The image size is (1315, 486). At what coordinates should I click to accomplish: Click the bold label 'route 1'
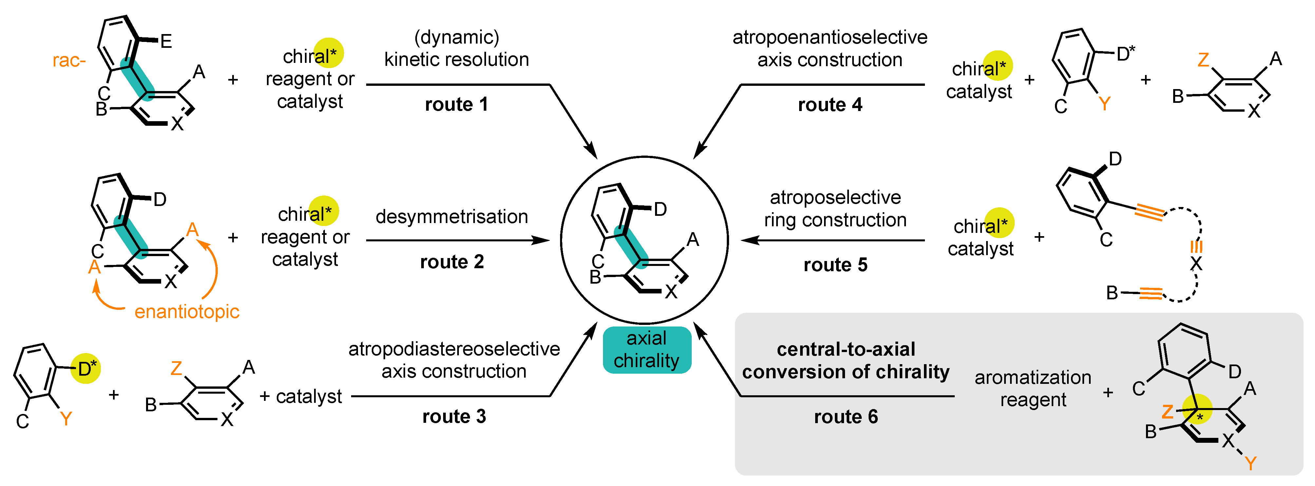click(x=456, y=105)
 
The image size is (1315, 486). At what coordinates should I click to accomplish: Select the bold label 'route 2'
click(x=452, y=262)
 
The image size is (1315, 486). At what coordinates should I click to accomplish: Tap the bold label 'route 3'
click(x=454, y=417)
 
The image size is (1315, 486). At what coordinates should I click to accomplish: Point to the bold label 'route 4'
click(x=830, y=105)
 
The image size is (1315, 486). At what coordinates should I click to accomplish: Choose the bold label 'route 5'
click(x=835, y=265)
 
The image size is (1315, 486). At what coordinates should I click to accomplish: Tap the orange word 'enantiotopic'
click(x=186, y=311)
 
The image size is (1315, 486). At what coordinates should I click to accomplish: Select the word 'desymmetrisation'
click(x=452, y=216)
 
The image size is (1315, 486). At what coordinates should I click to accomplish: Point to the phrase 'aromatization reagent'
click(x=1033, y=388)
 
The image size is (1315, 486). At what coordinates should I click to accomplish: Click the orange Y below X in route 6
click(x=1250, y=463)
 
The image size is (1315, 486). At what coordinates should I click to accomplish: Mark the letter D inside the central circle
click(x=660, y=209)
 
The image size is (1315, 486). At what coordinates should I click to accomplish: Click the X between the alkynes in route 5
click(x=1196, y=264)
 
